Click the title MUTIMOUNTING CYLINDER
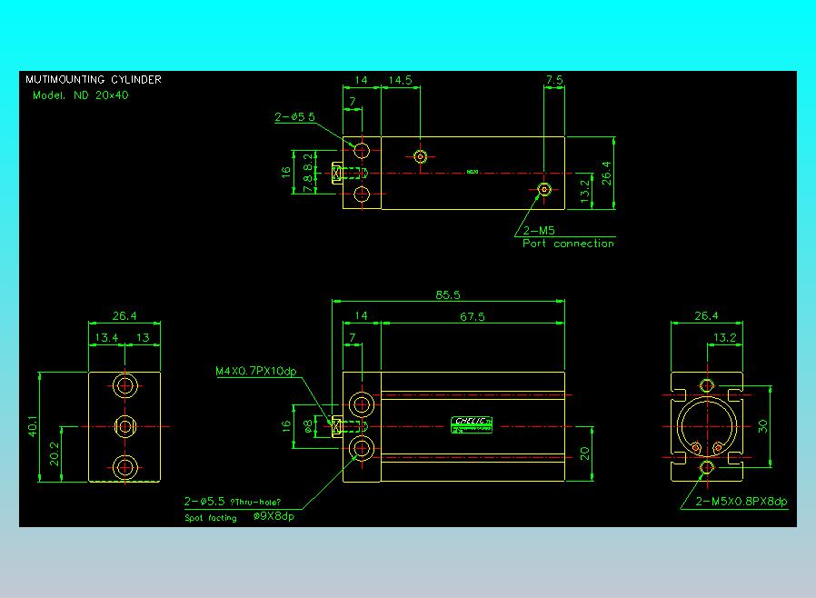94,80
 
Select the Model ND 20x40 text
80,95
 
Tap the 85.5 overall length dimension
447,294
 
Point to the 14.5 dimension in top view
400,80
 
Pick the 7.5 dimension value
554,80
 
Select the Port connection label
568,244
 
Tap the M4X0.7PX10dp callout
256,371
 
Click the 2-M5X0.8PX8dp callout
741,501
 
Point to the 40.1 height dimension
34,425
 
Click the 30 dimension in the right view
762,425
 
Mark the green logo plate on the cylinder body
472,423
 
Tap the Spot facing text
210,518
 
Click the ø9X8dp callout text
274,517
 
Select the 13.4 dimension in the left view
106,337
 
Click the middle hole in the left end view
124,425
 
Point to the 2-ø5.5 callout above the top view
294,116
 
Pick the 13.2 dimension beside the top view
585,189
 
